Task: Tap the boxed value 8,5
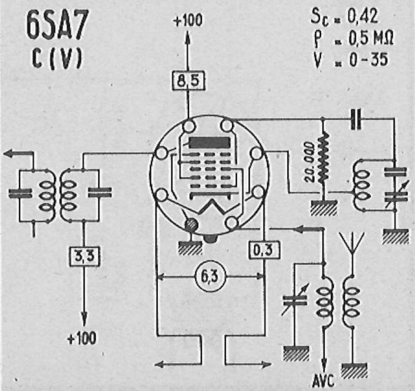click(188, 80)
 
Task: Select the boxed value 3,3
click(84, 257)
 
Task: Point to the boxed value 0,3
click(264, 250)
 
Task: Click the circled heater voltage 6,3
click(211, 277)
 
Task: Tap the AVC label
click(324, 381)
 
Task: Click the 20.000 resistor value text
click(309, 162)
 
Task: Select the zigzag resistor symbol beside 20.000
click(324, 158)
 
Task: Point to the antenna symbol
click(352, 243)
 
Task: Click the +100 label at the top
click(188, 20)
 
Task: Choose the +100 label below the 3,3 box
click(82, 338)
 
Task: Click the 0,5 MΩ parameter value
click(371, 39)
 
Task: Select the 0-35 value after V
click(368, 60)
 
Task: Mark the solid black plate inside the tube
click(209, 143)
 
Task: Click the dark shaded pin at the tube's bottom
click(192, 225)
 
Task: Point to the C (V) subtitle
click(57, 59)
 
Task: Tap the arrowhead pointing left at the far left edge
click(10, 153)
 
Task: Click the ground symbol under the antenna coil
click(354, 370)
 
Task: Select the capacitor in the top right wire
click(356, 119)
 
